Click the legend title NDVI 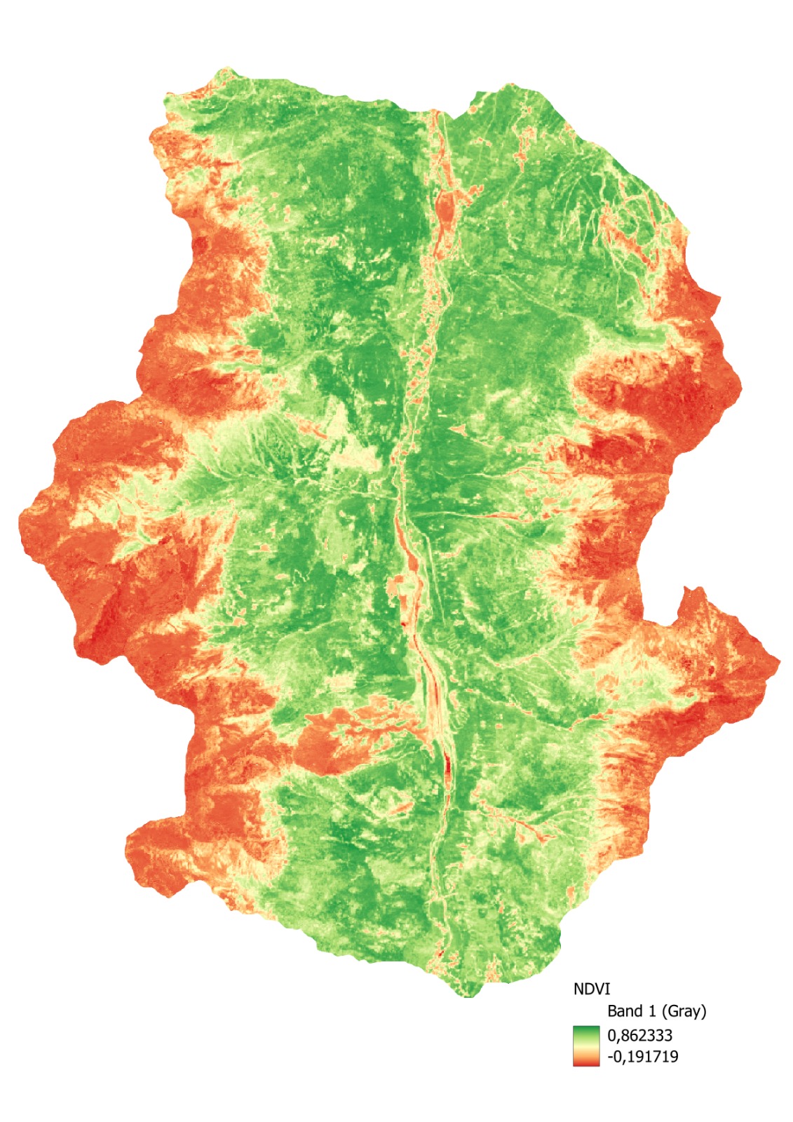point(592,989)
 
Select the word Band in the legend point(623,1011)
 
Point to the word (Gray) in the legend point(684,1011)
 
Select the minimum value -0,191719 point(642,1056)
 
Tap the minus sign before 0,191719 point(609,1057)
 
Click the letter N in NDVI point(578,989)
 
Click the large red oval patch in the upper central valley point(445,208)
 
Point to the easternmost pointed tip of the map point(779,660)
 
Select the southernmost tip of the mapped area point(468,996)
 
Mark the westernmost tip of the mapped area point(19,520)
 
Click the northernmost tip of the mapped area point(226,69)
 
